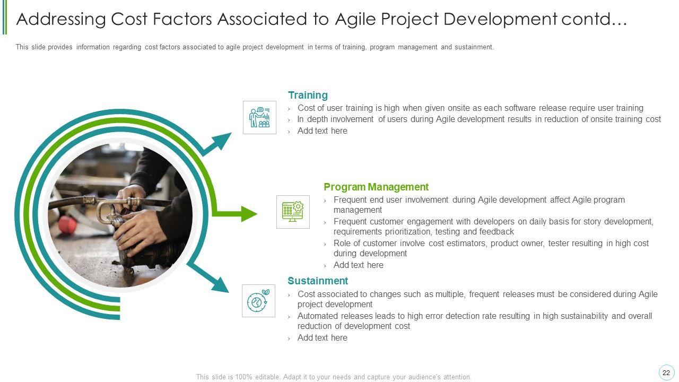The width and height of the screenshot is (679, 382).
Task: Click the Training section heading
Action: coord(308,95)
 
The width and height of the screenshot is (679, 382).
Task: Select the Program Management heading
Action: coord(376,187)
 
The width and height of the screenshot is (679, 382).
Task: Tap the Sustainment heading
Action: coord(318,281)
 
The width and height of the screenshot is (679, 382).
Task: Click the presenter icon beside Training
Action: coord(259,117)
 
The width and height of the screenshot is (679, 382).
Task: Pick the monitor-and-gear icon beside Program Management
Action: coord(293,212)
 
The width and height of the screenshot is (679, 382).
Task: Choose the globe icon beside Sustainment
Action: coord(258,301)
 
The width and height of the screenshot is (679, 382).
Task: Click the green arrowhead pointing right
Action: coord(249,214)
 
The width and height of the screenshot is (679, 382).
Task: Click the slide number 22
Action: coord(666,373)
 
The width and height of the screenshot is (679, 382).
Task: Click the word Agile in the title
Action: coord(356,19)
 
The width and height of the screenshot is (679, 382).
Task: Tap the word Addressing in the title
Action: coord(61,19)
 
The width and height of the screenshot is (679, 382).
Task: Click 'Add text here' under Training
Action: coord(322,131)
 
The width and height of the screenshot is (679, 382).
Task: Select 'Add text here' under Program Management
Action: coord(358,265)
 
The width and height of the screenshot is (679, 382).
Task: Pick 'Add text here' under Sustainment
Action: coord(322,338)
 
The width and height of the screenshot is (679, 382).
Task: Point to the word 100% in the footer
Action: coord(243,377)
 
